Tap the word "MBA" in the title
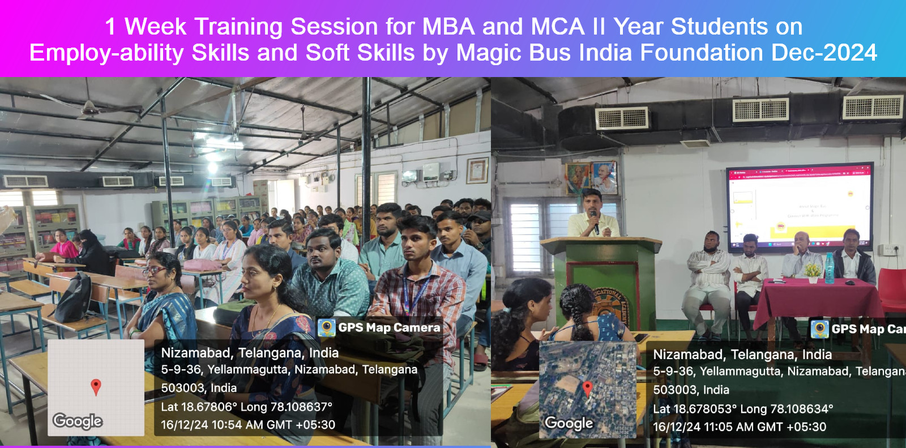click(x=448, y=27)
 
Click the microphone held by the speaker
click(x=595, y=221)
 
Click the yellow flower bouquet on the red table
click(x=813, y=271)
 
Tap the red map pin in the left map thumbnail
click(x=96, y=387)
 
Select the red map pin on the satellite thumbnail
click(x=587, y=389)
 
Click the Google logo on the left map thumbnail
click(x=78, y=421)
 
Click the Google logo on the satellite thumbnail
click(x=569, y=423)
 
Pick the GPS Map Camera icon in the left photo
click(x=326, y=327)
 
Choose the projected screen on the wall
click(x=799, y=206)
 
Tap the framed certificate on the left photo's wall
click(x=477, y=170)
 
